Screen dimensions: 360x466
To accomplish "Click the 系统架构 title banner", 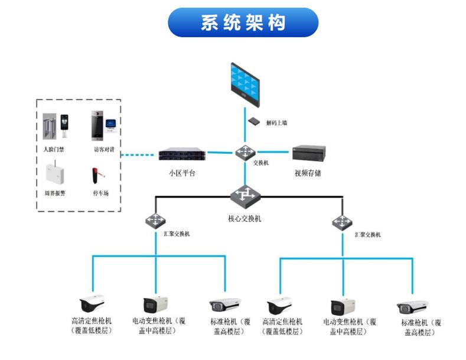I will (243, 22).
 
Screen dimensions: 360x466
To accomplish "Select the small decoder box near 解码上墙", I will (255, 121).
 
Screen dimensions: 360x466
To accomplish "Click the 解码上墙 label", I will (276, 123).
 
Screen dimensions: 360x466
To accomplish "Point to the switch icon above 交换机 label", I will (245, 152).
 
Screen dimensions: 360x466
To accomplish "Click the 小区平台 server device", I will (183, 155).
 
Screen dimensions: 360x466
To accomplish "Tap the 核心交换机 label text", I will (245, 218).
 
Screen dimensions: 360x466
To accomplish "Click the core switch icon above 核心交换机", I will (244, 196).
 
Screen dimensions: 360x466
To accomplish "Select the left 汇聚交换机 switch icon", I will (155, 221).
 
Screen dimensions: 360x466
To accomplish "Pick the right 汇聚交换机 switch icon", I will (341, 222).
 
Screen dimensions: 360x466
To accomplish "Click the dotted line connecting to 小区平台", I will (141, 155).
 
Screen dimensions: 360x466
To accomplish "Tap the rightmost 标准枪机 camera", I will (413, 307).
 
